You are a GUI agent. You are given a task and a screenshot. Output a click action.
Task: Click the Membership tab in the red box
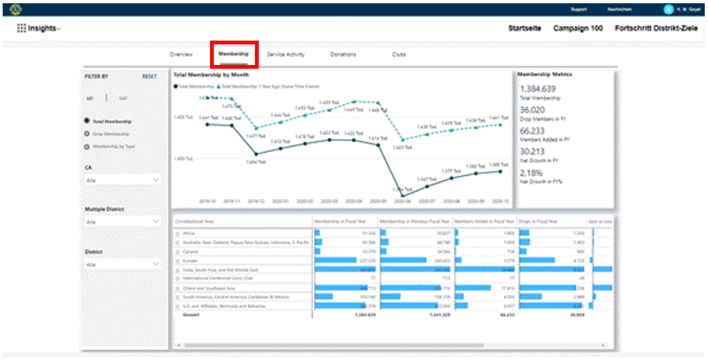coord(233,55)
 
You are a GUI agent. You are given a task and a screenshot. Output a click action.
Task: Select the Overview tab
coord(181,55)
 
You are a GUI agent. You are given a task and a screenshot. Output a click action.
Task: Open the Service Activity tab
coord(286,55)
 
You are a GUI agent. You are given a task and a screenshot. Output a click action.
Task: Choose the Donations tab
coord(343,55)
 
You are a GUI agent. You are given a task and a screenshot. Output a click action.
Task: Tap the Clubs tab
coord(399,55)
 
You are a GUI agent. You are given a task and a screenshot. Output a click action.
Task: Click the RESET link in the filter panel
coord(149,77)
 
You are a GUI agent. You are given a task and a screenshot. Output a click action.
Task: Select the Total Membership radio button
coord(87,122)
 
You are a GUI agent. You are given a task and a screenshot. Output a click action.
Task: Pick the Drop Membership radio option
coord(87,134)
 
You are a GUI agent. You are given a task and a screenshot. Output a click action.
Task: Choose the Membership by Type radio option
coord(87,147)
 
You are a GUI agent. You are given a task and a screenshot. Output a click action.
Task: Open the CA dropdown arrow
coord(156,180)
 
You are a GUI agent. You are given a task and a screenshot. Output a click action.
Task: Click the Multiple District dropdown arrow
coord(156,221)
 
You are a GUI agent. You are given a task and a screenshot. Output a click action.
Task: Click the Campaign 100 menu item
coord(578,28)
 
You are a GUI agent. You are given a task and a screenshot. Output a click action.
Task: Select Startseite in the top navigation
coord(525,28)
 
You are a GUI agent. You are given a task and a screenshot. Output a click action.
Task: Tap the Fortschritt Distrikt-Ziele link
coord(656,28)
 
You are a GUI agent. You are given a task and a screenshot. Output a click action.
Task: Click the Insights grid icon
coord(22,28)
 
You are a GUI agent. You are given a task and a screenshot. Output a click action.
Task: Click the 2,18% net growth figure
coord(531,173)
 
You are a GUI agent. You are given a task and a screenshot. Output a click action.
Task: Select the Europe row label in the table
coord(189,260)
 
